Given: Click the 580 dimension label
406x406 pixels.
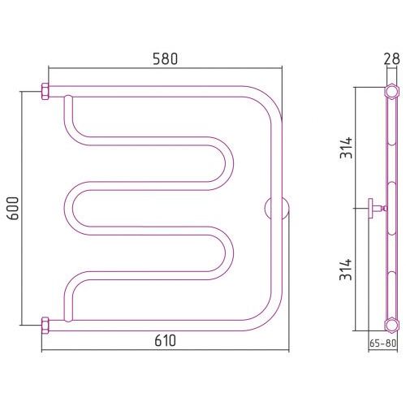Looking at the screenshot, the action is click(165, 58).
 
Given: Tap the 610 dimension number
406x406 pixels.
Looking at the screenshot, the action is click(165, 340).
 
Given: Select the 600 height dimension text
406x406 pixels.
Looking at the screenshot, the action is click(13, 208).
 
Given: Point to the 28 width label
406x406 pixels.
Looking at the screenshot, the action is click(391, 58).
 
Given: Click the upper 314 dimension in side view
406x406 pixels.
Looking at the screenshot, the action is click(346, 148).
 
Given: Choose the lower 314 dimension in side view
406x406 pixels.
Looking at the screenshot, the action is click(346, 270).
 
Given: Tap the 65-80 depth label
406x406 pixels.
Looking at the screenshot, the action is click(382, 343).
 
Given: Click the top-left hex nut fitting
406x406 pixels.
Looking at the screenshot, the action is click(45, 92).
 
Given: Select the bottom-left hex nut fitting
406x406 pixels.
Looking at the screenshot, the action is click(45, 326).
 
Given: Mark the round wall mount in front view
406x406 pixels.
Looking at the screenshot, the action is click(277, 208).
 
